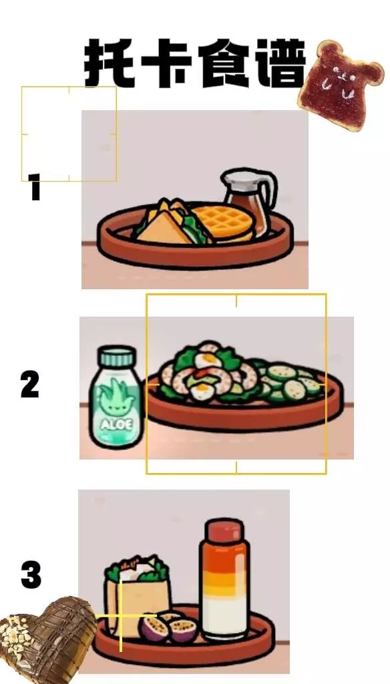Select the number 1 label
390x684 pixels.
point(35,187)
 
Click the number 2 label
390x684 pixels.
point(29,384)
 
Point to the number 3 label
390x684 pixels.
point(31,574)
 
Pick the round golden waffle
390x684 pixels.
point(223,223)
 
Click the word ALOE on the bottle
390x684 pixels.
point(116,424)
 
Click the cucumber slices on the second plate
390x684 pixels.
point(288,381)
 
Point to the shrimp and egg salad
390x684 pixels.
point(205,372)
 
